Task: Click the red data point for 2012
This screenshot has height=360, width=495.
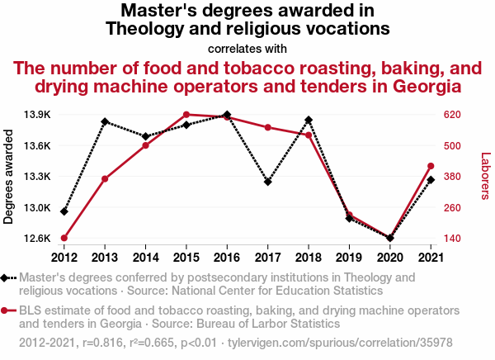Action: tap(64, 239)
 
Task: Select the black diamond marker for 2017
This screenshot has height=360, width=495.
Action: tap(268, 182)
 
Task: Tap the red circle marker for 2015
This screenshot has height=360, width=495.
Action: tap(186, 115)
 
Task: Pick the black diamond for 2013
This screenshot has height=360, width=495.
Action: tap(105, 121)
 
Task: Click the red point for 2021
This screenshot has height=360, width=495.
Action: tap(431, 167)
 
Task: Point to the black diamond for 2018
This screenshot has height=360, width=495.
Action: tap(309, 121)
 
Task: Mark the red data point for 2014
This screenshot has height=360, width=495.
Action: tap(145, 145)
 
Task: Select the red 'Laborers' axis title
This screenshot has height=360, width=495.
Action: tap(485, 176)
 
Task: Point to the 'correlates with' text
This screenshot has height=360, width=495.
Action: tap(247, 48)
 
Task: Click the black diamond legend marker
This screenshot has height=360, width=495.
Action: tap(8, 279)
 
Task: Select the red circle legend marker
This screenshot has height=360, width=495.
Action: tap(8, 311)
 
